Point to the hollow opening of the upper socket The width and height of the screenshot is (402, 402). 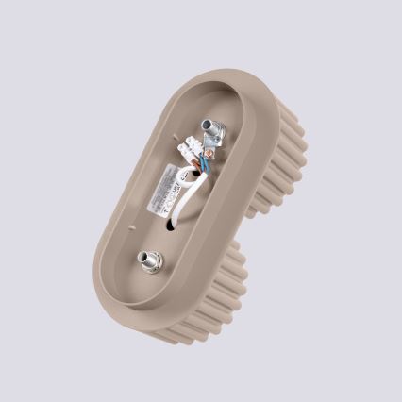click(206, 125)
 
